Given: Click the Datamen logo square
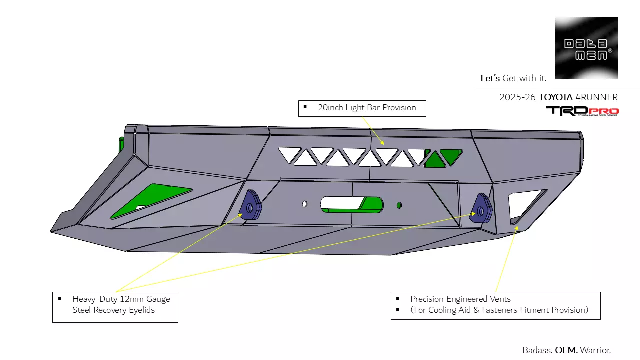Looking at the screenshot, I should click(x=586, y=48).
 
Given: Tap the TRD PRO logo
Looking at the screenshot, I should click(x=582, y=111).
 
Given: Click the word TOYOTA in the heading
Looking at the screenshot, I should click(x=555, y=97).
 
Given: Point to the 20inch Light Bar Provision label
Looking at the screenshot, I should click(x=367, y=108).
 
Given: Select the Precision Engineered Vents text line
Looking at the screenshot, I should click(x=460, y=299).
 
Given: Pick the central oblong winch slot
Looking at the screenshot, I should click(x=351, y=204).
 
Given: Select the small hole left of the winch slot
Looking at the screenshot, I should click(x=304, y=204).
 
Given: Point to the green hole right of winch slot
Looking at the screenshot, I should click(x=399, y=205).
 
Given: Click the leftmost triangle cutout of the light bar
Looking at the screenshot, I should click(x=289, y=154).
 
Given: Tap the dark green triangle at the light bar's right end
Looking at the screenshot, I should click(x=451, y=156).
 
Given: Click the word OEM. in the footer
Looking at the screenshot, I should click(x=566, y=350).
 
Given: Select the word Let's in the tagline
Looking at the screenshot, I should click(x=490, y=78).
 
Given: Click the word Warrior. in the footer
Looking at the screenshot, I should click(x=596, y=350).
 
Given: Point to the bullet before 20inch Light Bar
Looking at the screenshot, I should click(x=305, y=107).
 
